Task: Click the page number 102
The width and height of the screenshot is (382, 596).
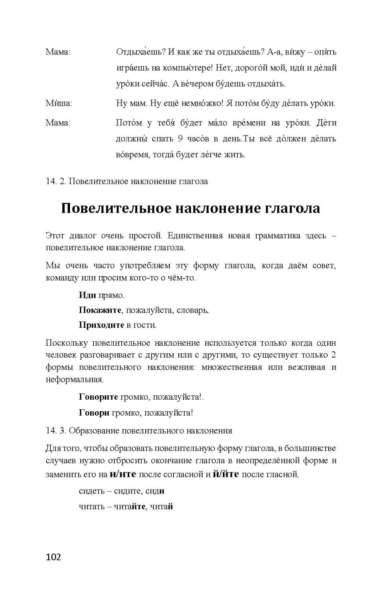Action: click(53, 557)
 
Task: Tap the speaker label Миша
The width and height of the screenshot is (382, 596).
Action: click(58, 103)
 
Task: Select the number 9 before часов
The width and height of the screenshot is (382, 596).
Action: click(180, 139)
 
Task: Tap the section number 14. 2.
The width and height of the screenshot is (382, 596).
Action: click(56, 182)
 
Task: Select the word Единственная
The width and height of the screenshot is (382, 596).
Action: click(195, 236)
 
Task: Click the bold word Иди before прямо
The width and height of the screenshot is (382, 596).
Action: click(87, 295)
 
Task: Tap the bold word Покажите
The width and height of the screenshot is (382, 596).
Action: click(100, 310)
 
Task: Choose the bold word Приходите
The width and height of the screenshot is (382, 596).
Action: click(101, 325)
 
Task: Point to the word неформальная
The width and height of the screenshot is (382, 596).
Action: click(74, 379)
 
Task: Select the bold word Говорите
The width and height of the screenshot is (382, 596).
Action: click(98, 397)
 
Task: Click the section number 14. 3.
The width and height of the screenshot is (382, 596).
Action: click(56, 431)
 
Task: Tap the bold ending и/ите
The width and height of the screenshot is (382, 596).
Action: click(123, 474)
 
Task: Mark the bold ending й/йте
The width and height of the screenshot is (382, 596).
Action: click(226, 474)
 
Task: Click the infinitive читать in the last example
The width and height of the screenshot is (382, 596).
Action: click(92, 507)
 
